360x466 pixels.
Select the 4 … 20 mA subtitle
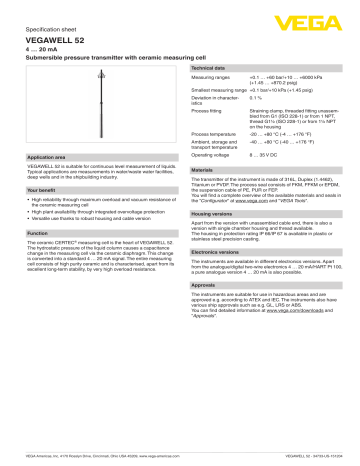(x=44, y=50)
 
